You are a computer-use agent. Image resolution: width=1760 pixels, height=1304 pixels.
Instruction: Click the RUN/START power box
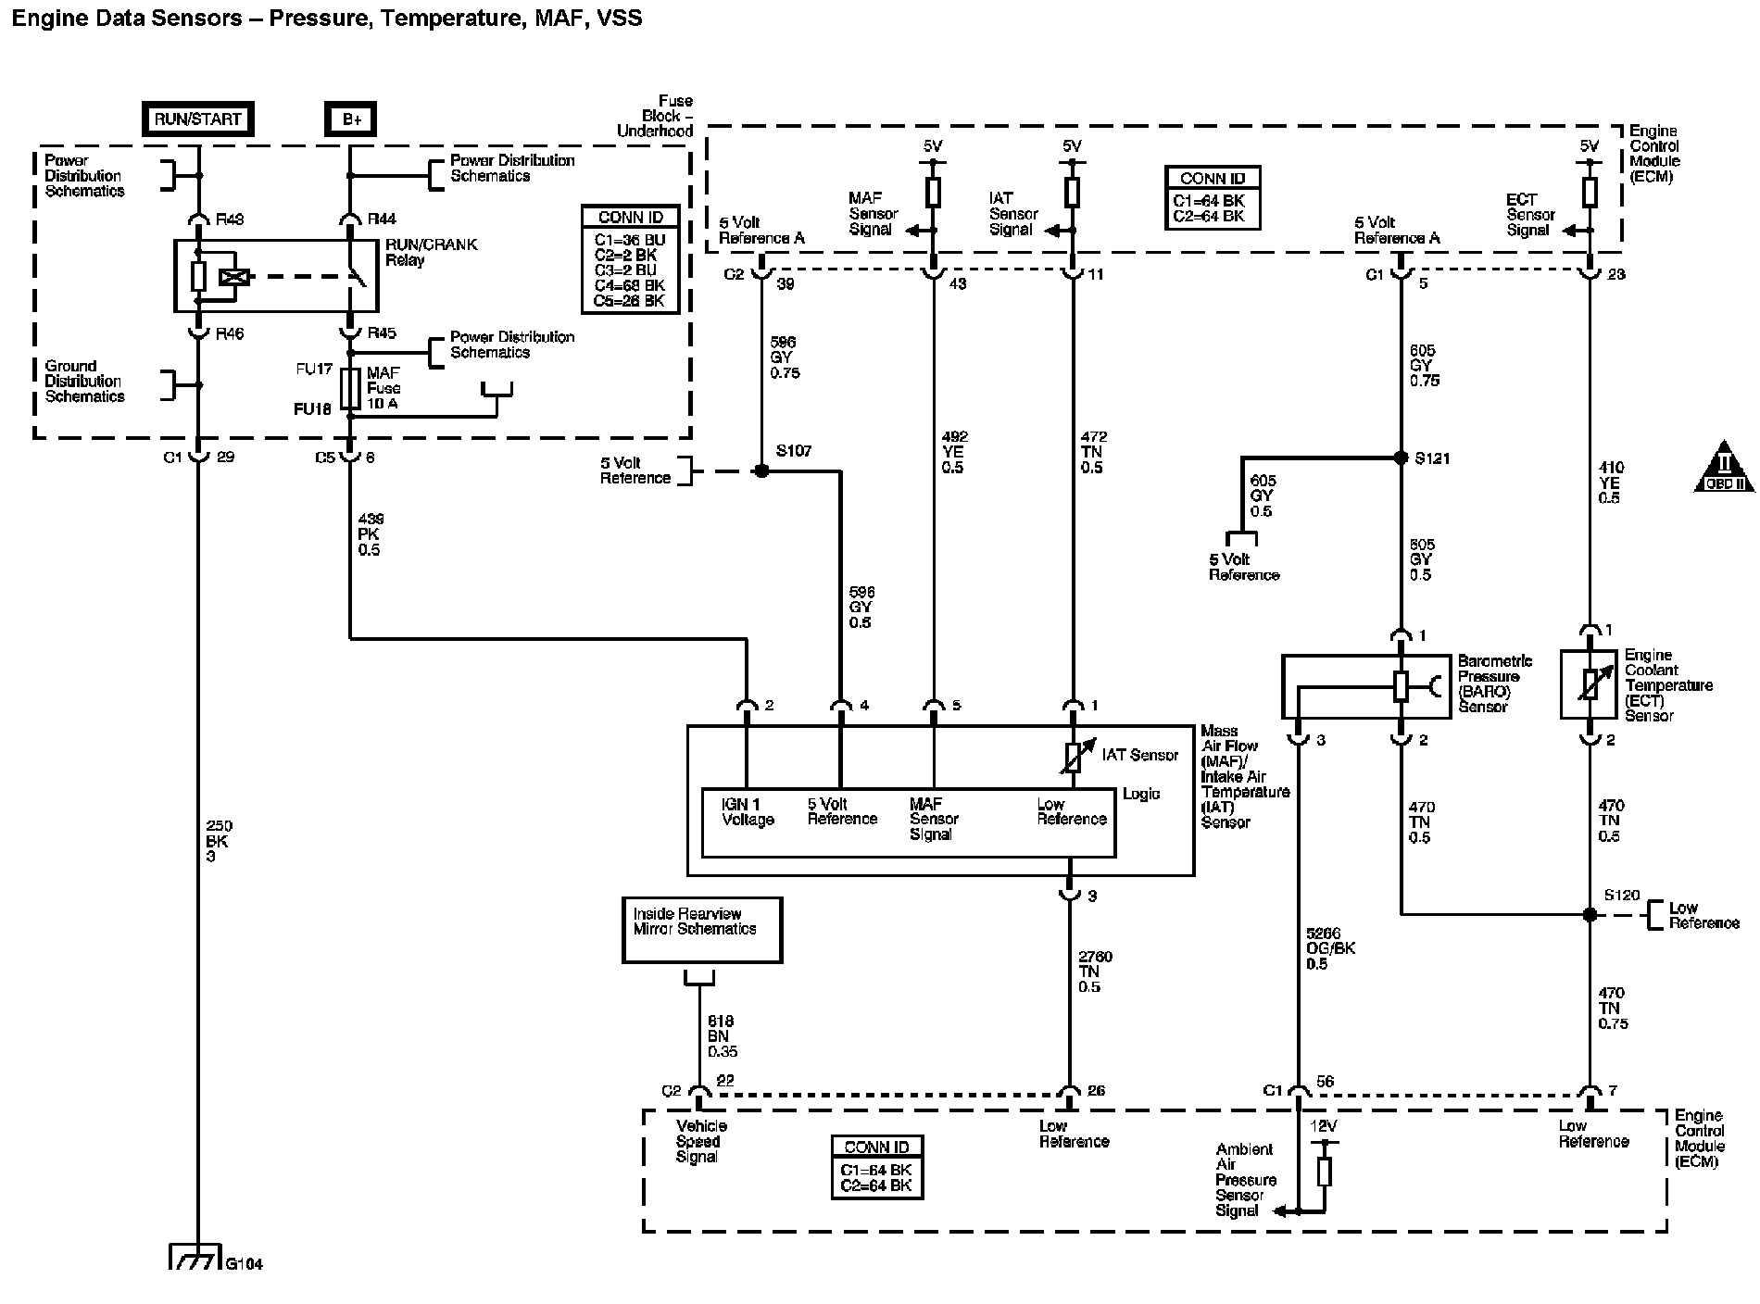[x=197, y=119]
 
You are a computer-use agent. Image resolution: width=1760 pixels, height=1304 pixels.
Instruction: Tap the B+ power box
[x=351, y=119]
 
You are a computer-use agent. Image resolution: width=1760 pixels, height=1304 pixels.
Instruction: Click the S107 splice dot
[x=761, y=470]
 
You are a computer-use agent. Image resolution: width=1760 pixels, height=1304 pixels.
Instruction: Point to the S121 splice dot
[x=1401, y=458]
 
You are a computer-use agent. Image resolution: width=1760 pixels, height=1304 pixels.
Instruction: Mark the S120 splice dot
[x=1590, y=914]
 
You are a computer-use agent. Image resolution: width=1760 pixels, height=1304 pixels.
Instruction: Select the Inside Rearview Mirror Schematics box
[x=701, y=930]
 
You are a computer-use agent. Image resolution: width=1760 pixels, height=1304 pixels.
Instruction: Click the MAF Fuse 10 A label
[x=383, y=388]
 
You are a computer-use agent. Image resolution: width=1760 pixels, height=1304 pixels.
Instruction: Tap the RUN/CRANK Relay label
[x=432, y=252]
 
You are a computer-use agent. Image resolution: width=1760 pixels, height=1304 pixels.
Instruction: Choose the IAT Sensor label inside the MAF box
[x=1139, y=755]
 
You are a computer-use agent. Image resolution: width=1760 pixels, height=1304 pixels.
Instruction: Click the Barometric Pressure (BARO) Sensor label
[x=1494, y=684]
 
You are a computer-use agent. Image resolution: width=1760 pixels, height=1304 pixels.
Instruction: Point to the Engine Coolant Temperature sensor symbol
[x=1590, y=684]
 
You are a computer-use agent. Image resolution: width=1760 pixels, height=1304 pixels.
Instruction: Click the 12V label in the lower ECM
[x=1324, y=1127]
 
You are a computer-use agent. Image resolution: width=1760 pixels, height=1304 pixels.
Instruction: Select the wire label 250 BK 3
[x=220, y=841]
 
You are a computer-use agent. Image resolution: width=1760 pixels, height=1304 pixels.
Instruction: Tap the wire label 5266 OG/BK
[x=1328, y=948]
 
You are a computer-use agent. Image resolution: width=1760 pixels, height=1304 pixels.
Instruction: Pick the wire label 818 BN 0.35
[x=723, y=1036]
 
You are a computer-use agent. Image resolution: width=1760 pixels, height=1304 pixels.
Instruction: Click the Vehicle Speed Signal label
[x=701, y=1141]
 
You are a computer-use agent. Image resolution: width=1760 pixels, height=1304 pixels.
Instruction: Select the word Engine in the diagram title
[x=44, y=18]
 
